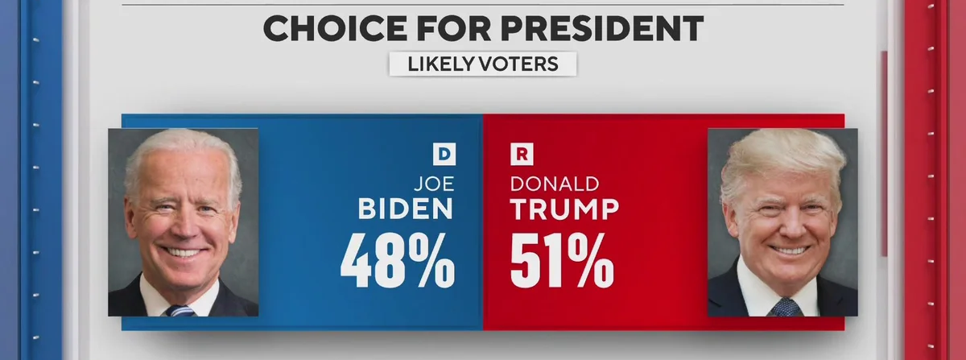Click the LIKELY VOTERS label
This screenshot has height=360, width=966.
483,64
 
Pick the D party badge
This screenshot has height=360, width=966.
444,152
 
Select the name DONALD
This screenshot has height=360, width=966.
555,184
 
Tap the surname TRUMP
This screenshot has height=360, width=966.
564,209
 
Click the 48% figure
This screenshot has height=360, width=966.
398,263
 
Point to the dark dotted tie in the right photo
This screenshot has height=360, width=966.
783,307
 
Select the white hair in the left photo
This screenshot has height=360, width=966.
181,149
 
